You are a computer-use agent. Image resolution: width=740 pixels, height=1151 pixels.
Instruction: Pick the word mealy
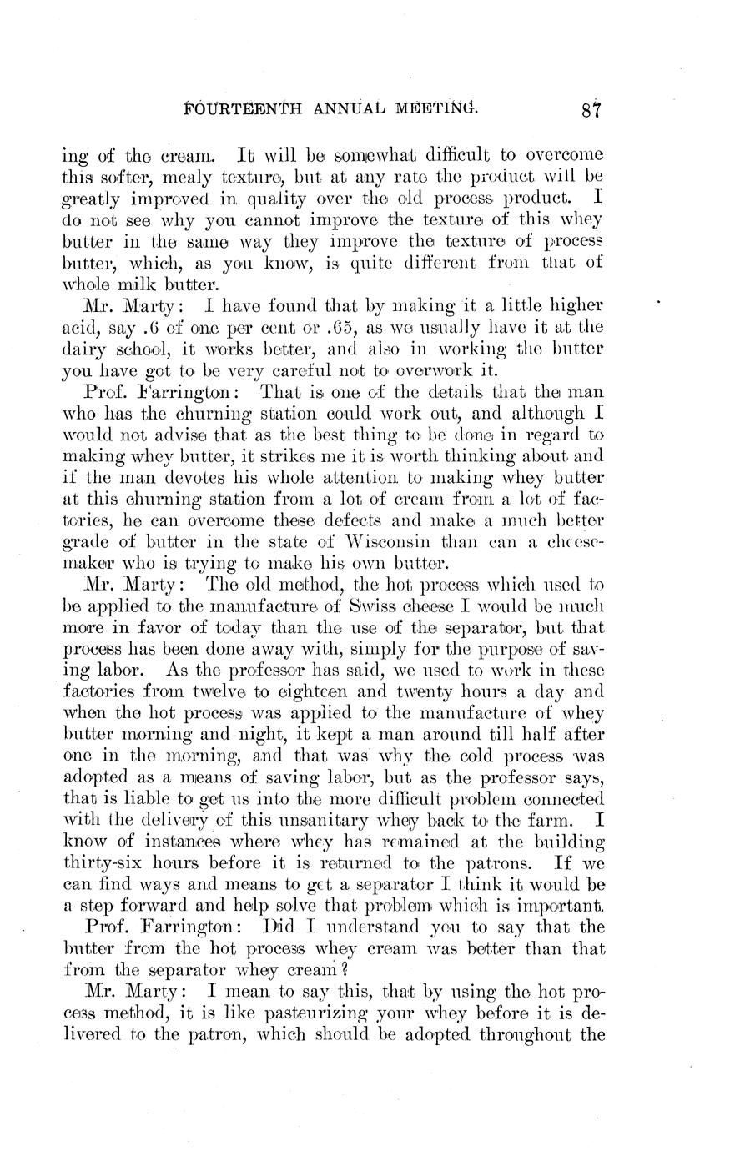click(x=196, y=176)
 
